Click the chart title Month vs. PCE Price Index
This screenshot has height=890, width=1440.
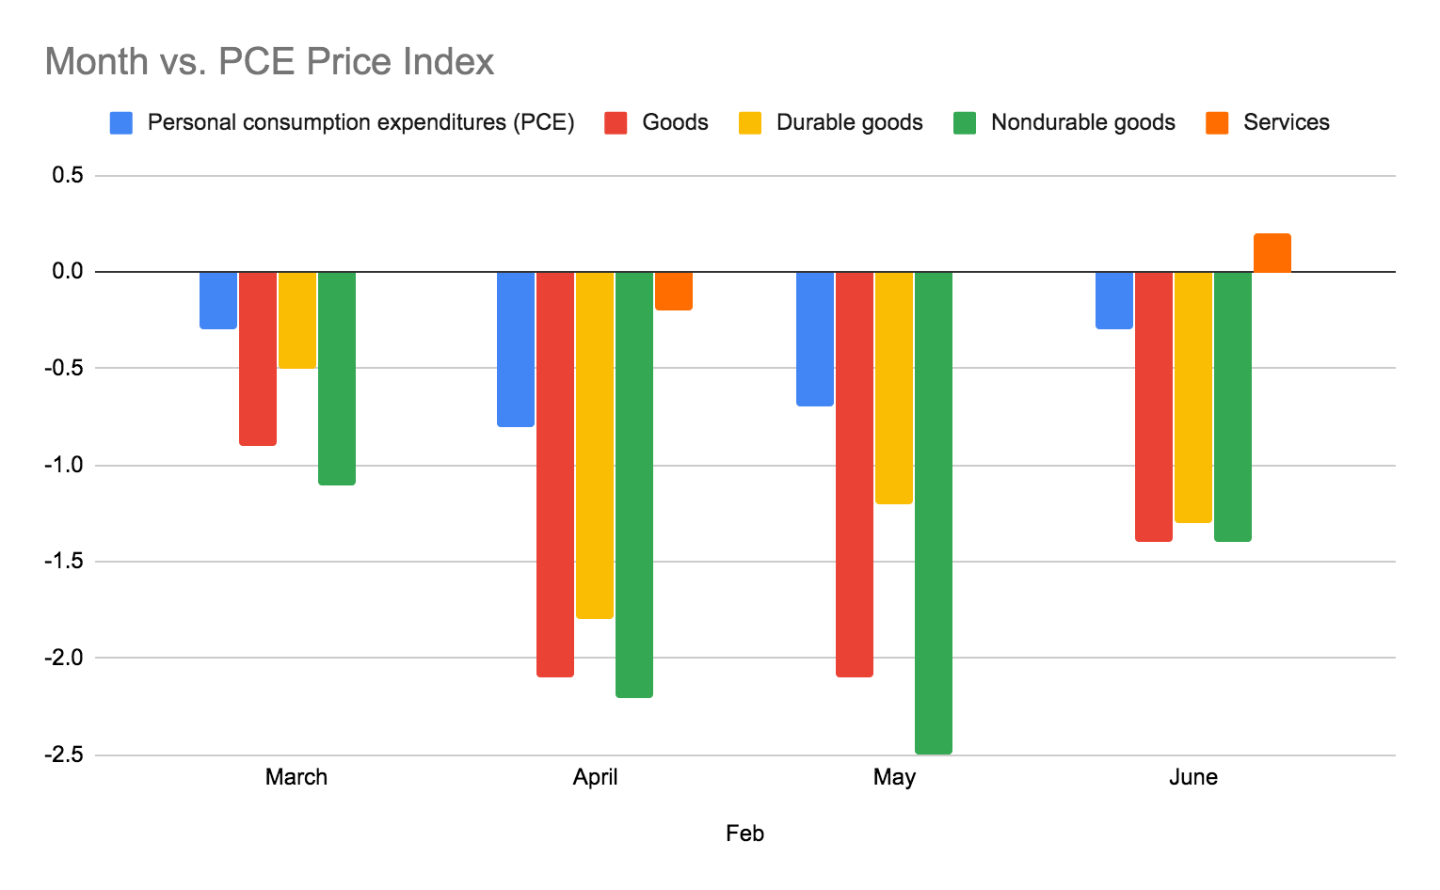269,62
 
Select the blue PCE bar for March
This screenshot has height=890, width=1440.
218,299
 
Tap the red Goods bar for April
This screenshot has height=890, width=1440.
555,473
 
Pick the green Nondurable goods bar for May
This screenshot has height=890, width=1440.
934,512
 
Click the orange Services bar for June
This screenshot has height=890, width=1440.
1272,253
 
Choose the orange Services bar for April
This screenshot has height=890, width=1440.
674,290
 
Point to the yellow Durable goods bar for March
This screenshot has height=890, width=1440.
297,319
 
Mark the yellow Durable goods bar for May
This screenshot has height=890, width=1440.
894,387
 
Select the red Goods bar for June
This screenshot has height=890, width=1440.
1154,405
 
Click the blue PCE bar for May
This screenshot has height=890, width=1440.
815,338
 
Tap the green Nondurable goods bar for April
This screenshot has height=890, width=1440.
634,484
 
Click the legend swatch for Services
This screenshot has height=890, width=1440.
1217,123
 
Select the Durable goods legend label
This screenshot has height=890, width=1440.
849,123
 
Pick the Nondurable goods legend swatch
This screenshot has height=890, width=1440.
965,123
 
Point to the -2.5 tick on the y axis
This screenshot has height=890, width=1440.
63,755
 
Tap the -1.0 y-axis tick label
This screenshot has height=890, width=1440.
63,465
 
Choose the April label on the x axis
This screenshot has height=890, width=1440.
595,777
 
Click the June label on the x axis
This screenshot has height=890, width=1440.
1192,777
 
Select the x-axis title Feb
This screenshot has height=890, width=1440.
744,834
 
